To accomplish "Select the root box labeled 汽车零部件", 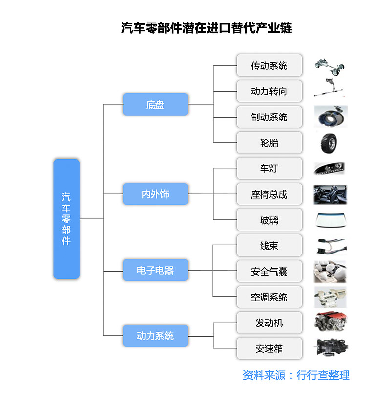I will click(x=66, y=219).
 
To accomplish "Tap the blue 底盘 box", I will click(x=155, y=104).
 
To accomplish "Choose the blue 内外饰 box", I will click(x=155, y=194).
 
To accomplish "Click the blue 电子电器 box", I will click(x=155, y=270).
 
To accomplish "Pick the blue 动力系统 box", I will click(x=155, y=336).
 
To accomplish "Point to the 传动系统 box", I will click(x=269, y=65).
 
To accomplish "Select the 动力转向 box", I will click(x=269, y=91).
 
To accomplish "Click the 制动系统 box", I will click(x=269, y=117).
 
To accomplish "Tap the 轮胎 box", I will click(x=269, y=143).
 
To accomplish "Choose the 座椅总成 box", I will click(x=269, y=194).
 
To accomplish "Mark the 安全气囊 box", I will click(x=269, y=271).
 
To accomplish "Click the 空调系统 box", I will click(x=269, y=297).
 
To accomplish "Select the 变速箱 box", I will click(x=269, y=348).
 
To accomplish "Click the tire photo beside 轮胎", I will click(x=330, y=143).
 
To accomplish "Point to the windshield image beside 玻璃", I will click(x=330, y=220).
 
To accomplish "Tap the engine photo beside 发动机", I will click(x=330, y=323).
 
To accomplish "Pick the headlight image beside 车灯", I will click(x=330, y=169).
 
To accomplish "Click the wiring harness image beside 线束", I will click(x=330, y=246).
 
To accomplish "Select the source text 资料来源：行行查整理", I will click(x=296, y=375).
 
